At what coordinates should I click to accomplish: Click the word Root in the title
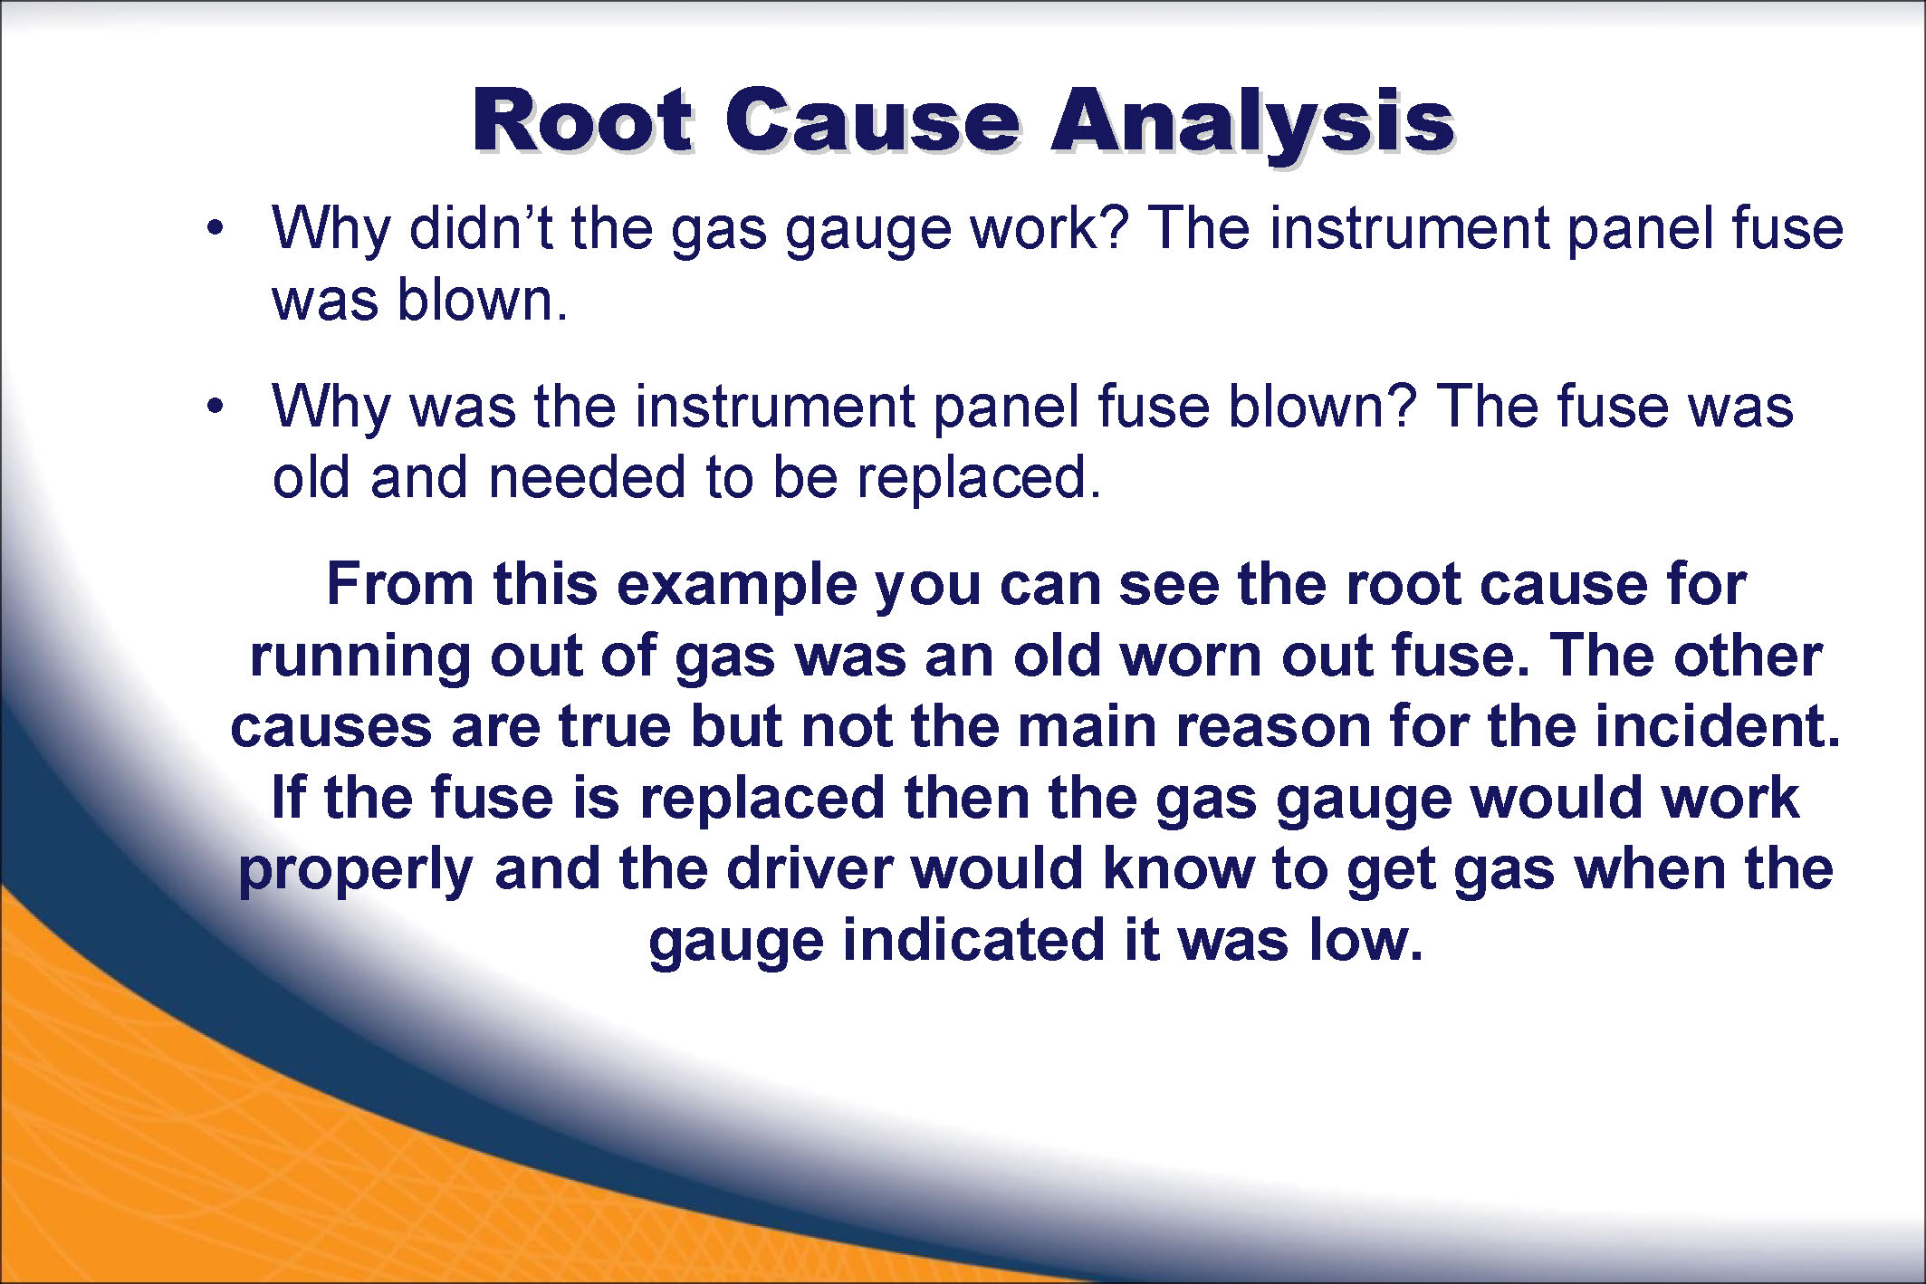click(583, 121)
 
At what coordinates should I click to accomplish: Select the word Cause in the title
click(872, 121)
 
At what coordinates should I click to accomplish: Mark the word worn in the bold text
click(1191, 656)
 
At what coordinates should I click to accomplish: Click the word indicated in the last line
click(974, 939)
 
